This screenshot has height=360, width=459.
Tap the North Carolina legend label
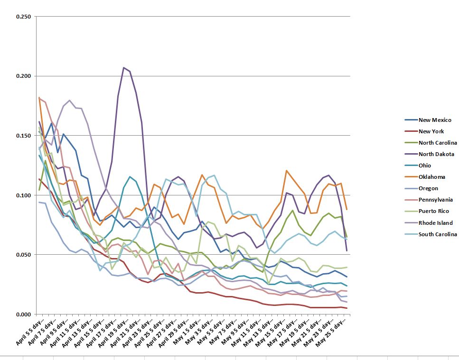[438, 143]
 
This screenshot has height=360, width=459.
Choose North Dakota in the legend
[436, 154]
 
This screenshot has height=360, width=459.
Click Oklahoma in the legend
[431, 177]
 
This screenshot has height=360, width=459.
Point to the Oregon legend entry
[429, 188]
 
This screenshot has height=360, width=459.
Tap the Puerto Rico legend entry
[434, 211]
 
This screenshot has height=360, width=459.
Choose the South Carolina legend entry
[438, 234]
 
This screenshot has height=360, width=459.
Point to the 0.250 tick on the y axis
[23, 17]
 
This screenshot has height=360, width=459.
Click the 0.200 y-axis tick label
[23, 76]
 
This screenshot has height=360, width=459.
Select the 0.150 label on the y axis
[23, 136]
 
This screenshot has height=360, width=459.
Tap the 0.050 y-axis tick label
[23, 255]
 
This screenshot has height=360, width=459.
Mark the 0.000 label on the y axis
[23, 314]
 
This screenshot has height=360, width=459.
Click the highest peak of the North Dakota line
[124, 67]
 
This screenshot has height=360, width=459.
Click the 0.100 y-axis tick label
[23, 195]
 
